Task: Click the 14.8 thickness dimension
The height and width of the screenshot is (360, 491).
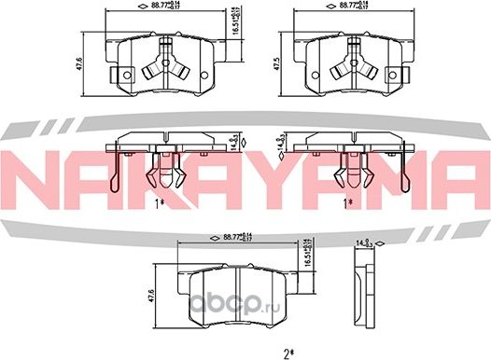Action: pyautogui.click(x=280, y=143)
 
